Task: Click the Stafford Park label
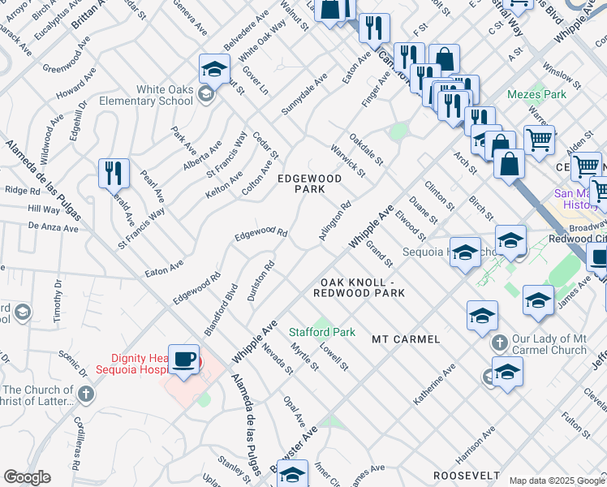tap(323, 332)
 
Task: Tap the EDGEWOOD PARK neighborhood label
tap(301, 183)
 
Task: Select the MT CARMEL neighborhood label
tap(406, 338)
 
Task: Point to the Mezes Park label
tap(536, 95)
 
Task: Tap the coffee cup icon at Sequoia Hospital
tap(184, 359)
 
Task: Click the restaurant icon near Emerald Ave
tap(113, 172)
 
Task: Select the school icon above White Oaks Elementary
tap(214, 68)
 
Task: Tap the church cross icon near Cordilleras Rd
tap(86, 394)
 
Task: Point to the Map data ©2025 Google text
tap(557, 481)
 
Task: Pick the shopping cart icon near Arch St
tap(538, 139)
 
